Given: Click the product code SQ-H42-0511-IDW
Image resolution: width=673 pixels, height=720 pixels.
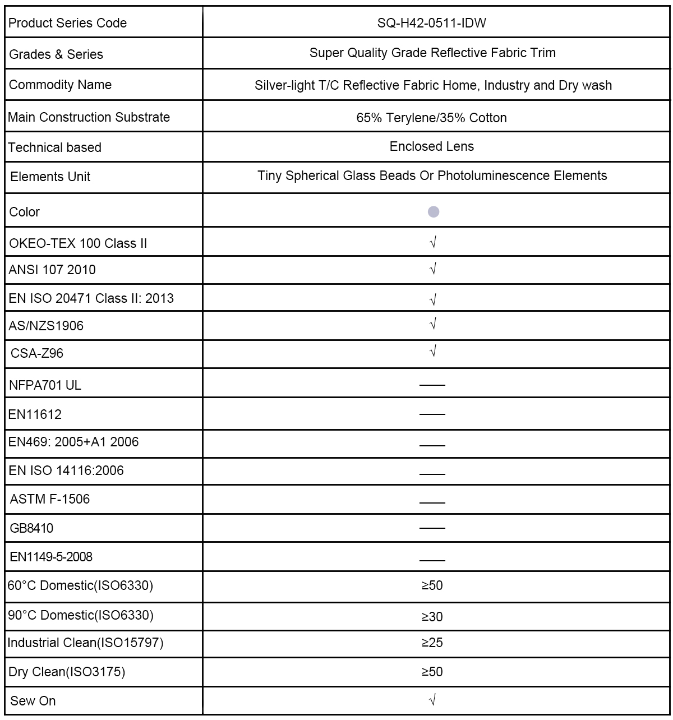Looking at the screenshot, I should tap(432, 23).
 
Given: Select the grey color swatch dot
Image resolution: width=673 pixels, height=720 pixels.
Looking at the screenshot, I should tap(433, 211).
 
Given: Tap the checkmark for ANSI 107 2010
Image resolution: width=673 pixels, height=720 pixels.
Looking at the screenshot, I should tap(432, 269).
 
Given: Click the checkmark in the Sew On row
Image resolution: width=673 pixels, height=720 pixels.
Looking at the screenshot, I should tap(432, 700).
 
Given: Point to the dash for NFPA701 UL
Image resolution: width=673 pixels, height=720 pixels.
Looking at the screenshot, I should tap(432, 385).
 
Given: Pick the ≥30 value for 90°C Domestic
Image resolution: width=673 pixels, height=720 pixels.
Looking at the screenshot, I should tap(432, 617).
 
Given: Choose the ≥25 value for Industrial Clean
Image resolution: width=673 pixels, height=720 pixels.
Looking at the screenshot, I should tap(432, 643).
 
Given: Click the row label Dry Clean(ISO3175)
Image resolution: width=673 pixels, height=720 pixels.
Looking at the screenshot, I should tap(67, 672).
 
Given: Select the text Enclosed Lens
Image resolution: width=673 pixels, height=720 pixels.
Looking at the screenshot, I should tap(432, 146).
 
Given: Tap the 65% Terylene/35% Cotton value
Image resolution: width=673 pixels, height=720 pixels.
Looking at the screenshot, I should tap(432, 118).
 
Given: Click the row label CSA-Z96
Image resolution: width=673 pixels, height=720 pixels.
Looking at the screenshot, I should tap(37, 353).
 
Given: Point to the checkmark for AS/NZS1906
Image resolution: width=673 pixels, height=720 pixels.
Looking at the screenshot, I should tap(432, 324).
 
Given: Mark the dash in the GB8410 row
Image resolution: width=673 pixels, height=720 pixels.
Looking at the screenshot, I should tap(432, 528).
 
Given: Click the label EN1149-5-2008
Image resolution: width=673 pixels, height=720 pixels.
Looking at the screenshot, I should tap(51, 557).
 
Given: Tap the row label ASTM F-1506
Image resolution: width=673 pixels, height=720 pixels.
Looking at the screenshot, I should tap(50, 499).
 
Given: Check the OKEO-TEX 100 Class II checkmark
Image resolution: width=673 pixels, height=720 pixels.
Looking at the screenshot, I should tap(432, 242).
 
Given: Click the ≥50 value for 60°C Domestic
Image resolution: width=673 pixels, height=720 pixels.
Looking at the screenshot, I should tap(432, 585).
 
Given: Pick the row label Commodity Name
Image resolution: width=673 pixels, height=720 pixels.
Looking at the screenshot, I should tap(61, 85).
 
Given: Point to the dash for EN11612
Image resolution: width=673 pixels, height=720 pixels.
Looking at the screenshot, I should tap(432, 414).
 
